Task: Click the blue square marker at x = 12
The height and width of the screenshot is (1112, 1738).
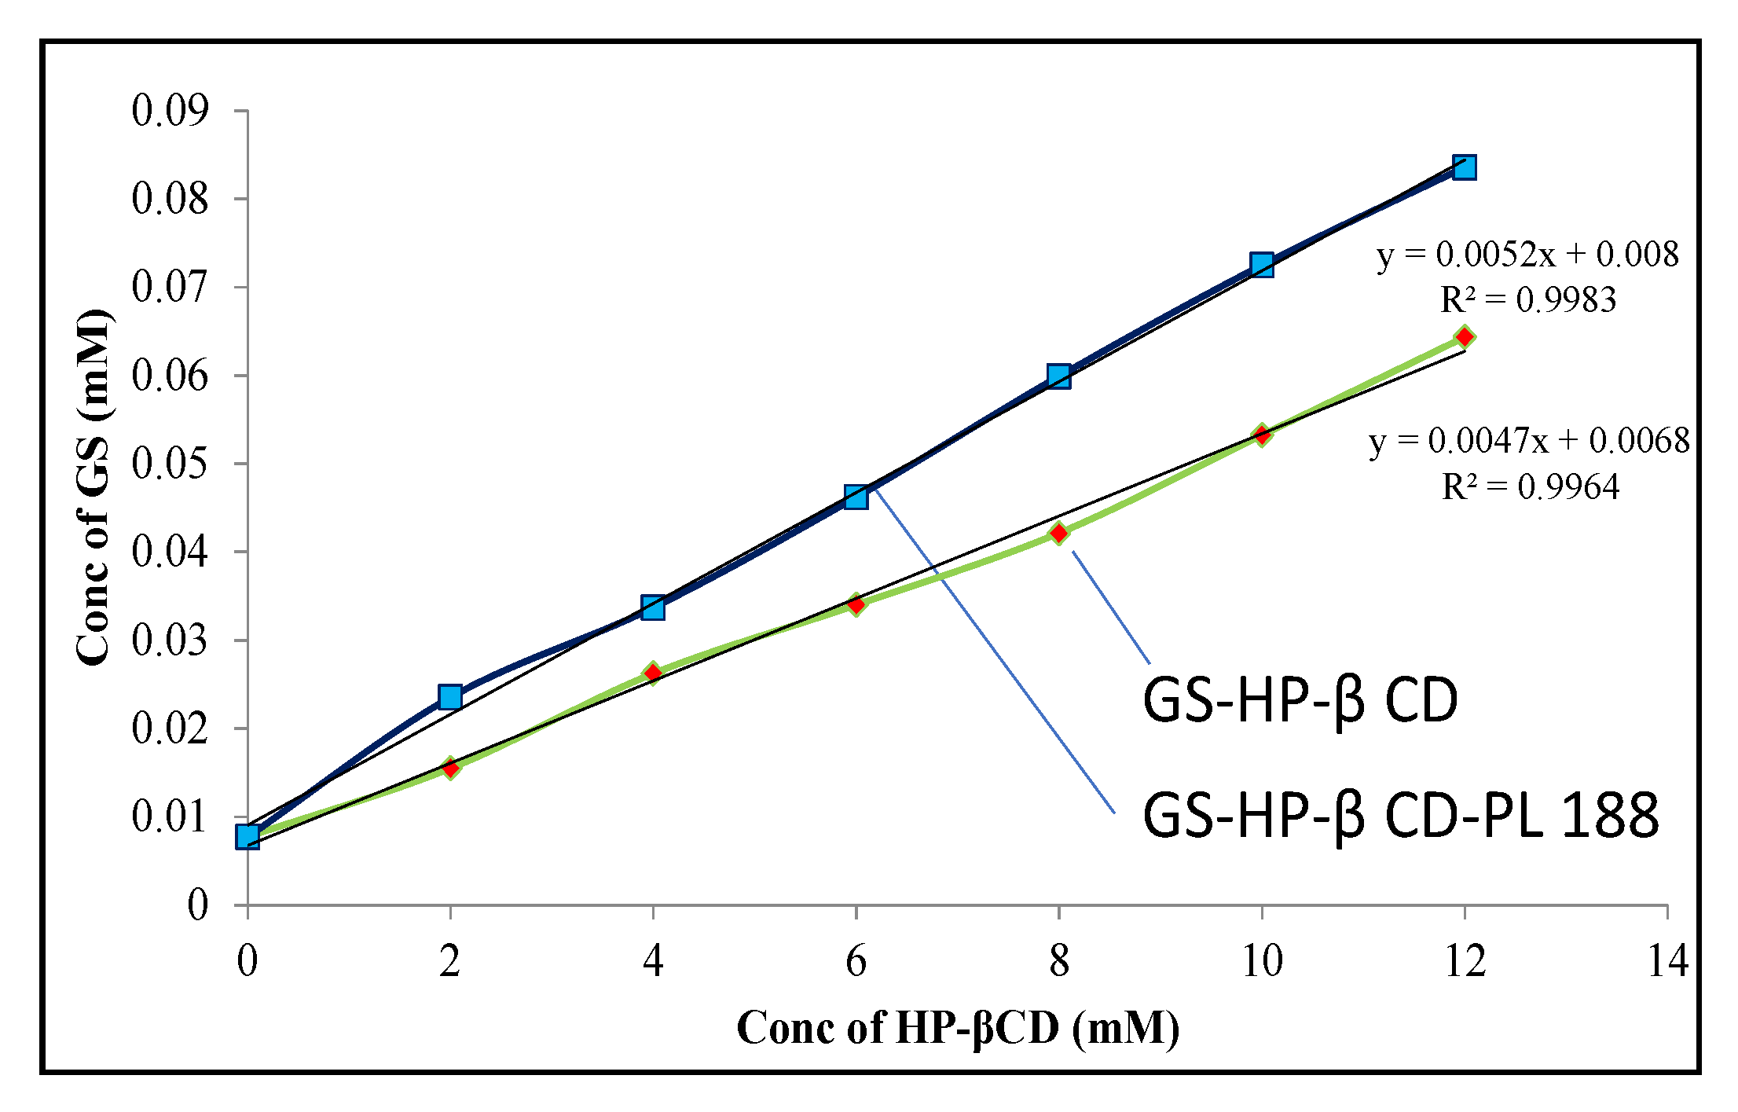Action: click(1464, 167)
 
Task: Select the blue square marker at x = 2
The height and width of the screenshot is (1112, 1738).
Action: click(449, 696)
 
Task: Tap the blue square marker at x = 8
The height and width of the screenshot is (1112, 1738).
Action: click(1058, 376)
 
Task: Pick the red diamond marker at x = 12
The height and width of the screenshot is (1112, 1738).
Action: click(1464, 337)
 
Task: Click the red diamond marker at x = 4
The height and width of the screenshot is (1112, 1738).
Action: click(652, 673)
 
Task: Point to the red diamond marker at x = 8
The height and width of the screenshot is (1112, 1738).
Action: click(1058, 534)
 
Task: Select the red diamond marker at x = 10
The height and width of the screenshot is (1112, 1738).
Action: click(1261, 435)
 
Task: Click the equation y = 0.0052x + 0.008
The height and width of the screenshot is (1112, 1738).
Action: click(1527, 255)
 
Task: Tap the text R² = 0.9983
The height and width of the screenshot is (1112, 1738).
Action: click(1527, 299)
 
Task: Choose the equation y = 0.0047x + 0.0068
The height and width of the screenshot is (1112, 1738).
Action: click(1528, 441)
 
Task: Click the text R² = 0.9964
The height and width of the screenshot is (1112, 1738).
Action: click(1530, 487)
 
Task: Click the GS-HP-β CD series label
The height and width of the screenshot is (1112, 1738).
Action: click(1300, 700)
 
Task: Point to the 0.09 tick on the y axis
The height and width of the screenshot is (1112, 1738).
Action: click(170, 110)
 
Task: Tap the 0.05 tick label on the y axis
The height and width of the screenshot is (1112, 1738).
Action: click(170, 464)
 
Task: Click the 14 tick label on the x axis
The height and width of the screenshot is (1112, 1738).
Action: click(1667, 960)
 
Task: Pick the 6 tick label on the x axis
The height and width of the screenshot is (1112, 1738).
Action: click(856, 960)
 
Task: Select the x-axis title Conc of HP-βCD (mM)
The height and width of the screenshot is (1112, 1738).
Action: click(957, 1028)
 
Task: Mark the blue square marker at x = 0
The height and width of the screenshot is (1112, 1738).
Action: click(247, 836)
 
